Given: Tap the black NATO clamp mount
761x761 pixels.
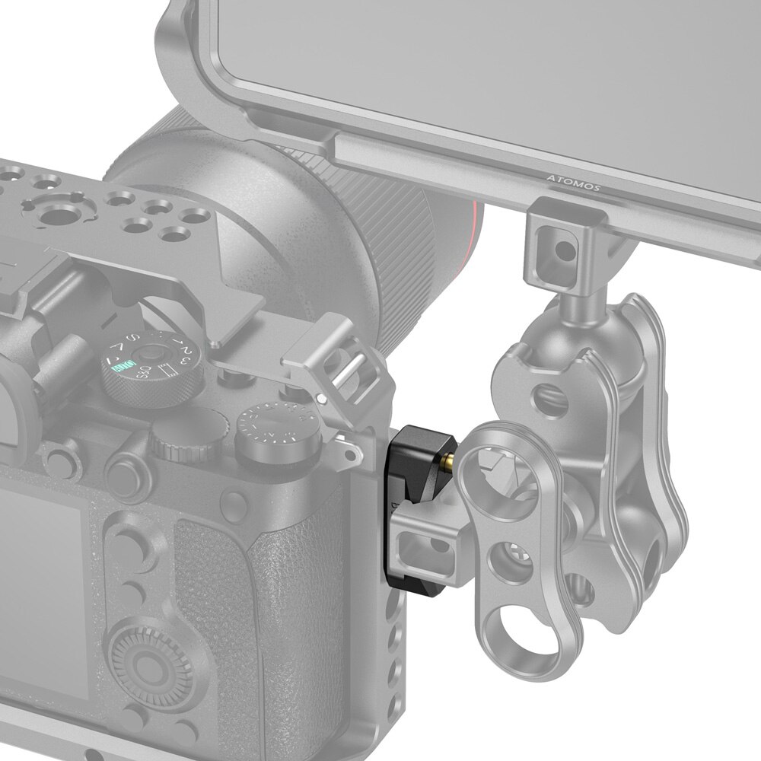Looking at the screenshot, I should (406, 495).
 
